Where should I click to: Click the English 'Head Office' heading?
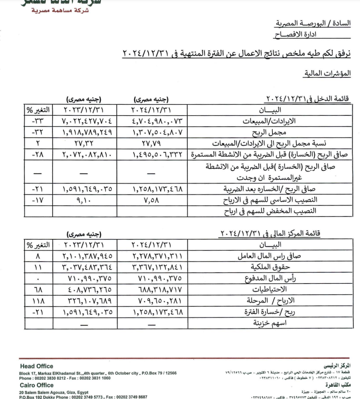click(36, 366)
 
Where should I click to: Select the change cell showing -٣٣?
click(37, 122)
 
